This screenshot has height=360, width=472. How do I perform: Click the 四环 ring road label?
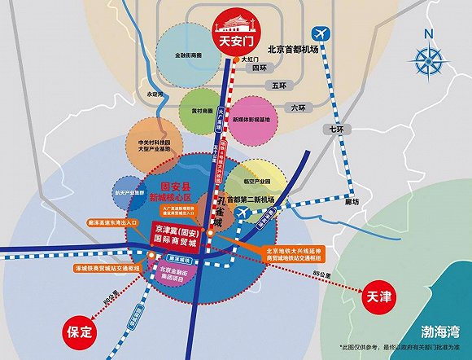(260, 68)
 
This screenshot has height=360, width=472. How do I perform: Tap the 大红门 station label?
(249, 59)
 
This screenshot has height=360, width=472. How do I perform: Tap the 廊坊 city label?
(350, 200)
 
